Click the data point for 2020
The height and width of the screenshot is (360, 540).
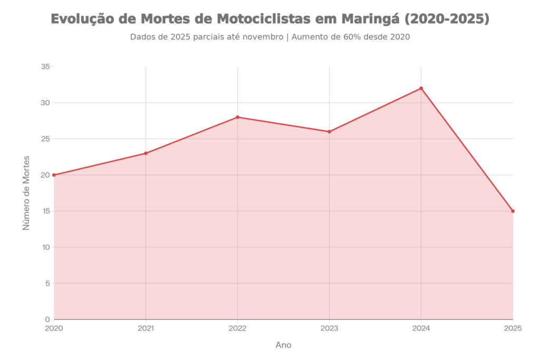click(54, 174)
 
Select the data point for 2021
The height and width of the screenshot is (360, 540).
click(146, 153)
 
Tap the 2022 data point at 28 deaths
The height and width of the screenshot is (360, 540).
click(237, 116)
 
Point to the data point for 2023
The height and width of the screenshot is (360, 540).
click(329, 131)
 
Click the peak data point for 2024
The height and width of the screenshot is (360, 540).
click(421, 87)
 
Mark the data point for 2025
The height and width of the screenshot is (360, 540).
click(513, 211)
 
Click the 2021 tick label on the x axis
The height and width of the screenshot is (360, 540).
click(146, 328)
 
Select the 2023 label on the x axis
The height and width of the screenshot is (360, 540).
click(329, 328)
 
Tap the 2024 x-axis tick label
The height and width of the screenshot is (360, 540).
click(421, 328)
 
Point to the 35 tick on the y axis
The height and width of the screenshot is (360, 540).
click(46, 66)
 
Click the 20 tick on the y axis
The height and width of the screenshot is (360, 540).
click(46, 175)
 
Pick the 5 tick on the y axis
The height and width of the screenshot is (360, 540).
click(47, 283)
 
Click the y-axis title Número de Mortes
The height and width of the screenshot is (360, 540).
click(26, 193)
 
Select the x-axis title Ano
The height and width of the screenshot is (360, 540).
click(283, 345)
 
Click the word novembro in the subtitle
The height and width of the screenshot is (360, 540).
click(266, 37)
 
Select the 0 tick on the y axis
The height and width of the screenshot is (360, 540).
click(47, 319)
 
